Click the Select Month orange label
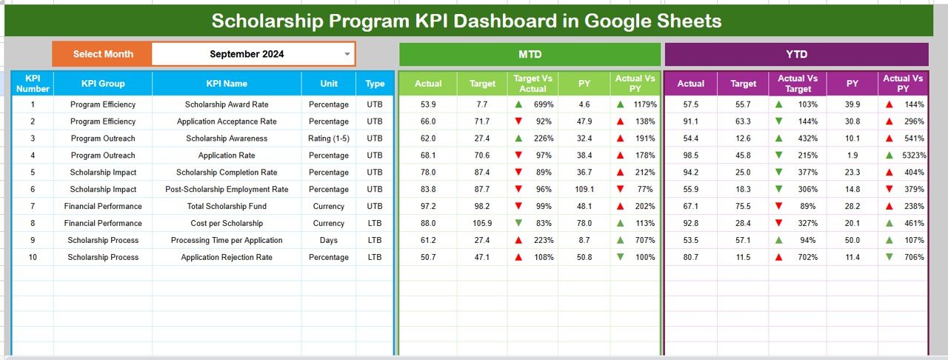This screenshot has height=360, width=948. (103, 54)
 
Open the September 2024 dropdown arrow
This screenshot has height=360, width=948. (347, 54)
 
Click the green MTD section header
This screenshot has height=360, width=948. (530, 54)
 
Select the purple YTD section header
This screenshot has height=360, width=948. (796, 54)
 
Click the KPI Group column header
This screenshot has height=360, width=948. (103, 84)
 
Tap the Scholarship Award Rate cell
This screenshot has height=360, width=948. (227, 104)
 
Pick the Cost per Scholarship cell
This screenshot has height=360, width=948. (227, 223)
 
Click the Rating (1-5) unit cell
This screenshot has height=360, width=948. (328, 139)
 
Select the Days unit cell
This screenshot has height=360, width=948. (328, 240)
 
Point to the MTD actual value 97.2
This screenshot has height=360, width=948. (428, 206)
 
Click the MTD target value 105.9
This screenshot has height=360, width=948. (481, 223)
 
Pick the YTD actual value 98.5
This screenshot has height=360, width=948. (691, 156)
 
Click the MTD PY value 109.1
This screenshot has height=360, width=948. (584, 189)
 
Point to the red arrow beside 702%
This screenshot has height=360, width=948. (778, 257)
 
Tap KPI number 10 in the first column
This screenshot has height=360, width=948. (33, 257)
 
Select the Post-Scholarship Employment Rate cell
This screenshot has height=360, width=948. (227, 189)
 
